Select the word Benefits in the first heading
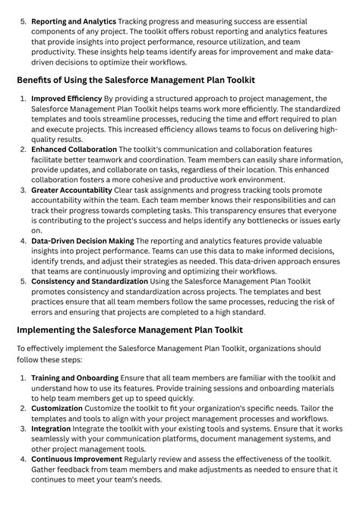(39, 80)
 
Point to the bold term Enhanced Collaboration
(74, 150)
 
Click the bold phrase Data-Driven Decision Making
(83, 241)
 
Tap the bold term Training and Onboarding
(74, 378)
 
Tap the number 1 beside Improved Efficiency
(23, 99)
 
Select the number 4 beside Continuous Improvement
(23, 459)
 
